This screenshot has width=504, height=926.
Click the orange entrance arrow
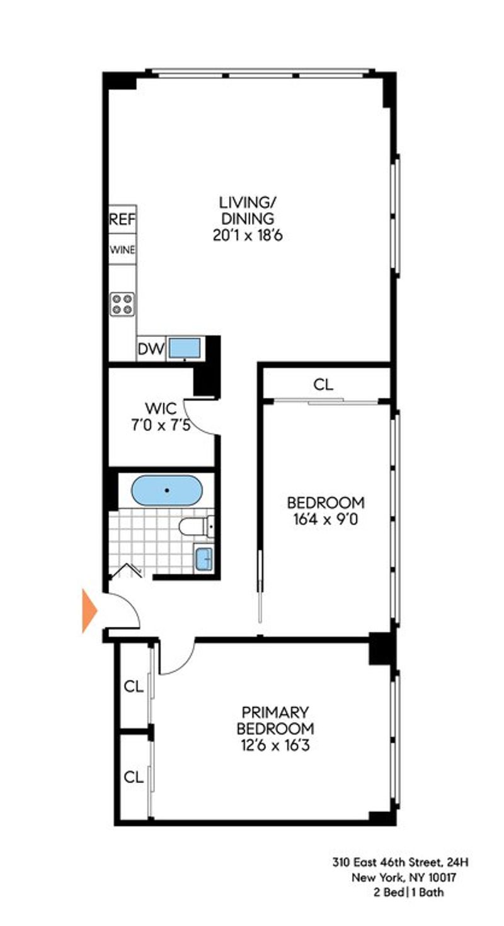tap(89, 610)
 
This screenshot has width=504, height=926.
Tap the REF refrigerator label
tap(122, 219)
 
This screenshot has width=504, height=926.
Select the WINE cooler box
tap(122, 249)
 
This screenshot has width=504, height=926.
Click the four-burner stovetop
tap(122, 304)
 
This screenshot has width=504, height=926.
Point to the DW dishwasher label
tap(151, 350)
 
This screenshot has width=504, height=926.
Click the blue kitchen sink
tap(185, 348)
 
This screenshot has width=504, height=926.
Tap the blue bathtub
tap(167, 490)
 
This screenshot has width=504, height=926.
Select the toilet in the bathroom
tap(197, 527)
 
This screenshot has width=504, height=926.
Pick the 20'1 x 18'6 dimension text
tap(248, 236)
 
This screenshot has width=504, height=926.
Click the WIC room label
tap(161, 408)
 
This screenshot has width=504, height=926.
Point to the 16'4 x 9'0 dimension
tap(325, 519)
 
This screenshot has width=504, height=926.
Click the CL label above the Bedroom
tap(323, 385)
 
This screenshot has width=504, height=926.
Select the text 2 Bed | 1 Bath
tap(408, 893)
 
